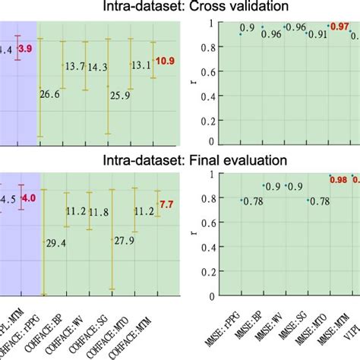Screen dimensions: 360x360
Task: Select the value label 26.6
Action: pos(50,94)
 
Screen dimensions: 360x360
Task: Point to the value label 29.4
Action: pos(55,243)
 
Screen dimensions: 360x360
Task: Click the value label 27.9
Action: pos(123,240)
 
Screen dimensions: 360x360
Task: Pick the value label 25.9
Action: pos(120,95)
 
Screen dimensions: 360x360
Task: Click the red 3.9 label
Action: pos(25,49)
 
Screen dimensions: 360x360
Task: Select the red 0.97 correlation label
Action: pos(339,27)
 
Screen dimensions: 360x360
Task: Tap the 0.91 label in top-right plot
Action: pos(317,34)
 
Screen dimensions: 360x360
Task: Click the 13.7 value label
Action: pos(74,68)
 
